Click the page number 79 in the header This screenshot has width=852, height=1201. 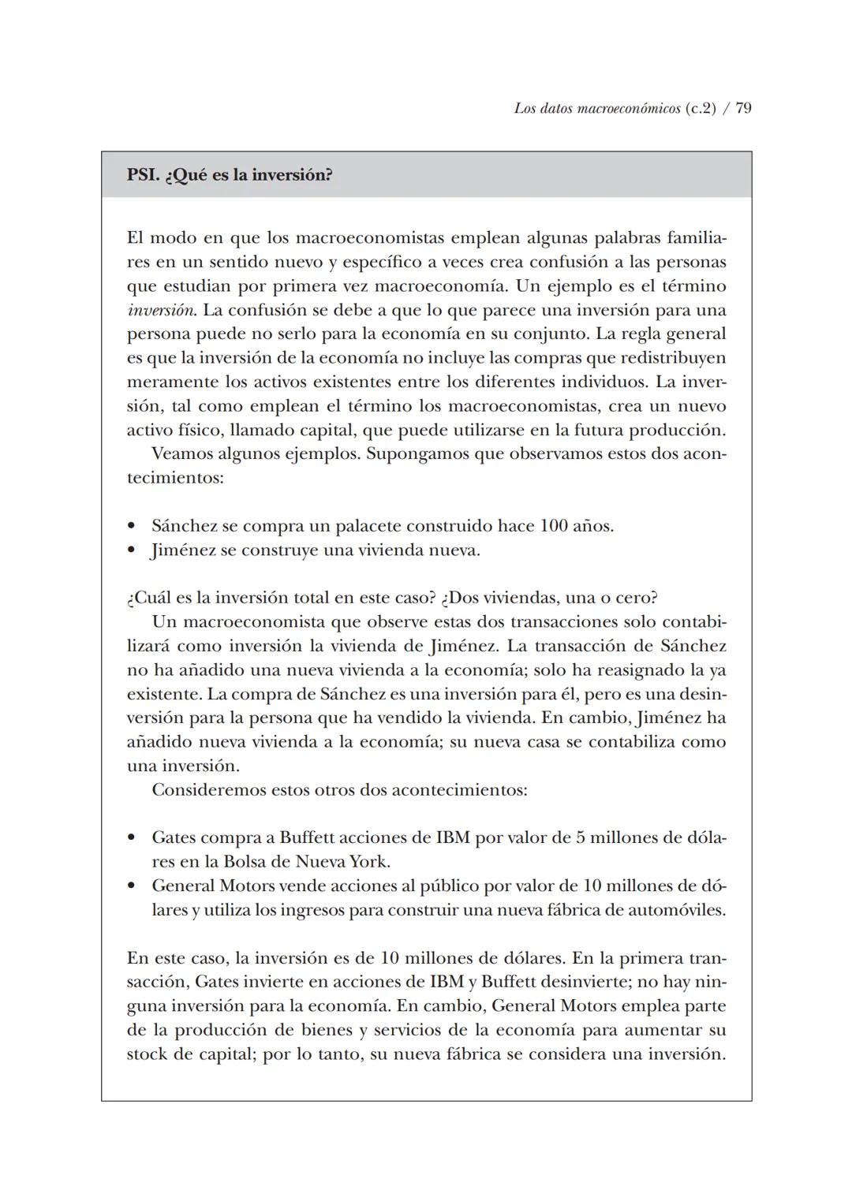[743, 109]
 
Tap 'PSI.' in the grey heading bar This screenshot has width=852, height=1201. [143, 175]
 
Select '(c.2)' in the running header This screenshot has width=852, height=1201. [700, 109]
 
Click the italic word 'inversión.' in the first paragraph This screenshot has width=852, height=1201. [162, 310]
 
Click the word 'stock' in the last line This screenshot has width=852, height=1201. [147, 1054]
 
